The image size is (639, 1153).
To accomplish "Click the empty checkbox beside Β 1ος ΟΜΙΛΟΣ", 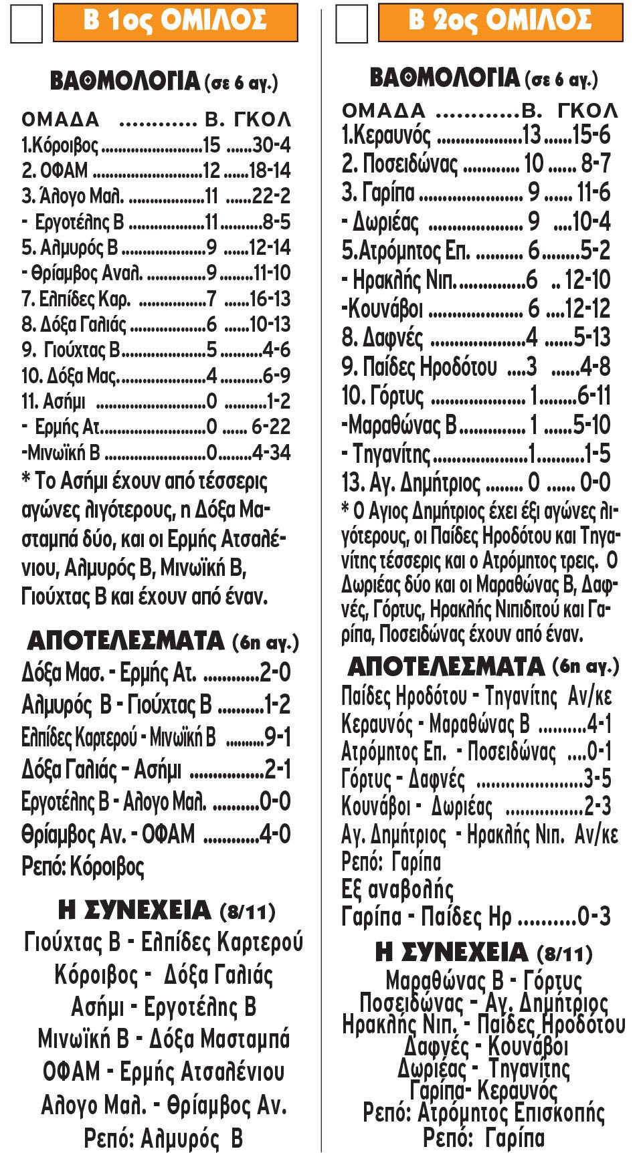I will [26, 24].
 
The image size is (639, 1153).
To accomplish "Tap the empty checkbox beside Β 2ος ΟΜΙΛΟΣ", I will [351, 24].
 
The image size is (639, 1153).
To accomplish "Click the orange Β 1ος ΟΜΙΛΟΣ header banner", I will [175, 21].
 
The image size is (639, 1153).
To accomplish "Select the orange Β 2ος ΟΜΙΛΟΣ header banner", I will [500, 21].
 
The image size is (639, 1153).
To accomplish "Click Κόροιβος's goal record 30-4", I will [270, 145].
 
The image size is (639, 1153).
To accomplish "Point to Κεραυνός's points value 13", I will [531, 135].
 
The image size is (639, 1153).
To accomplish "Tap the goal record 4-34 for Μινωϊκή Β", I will [271, 453].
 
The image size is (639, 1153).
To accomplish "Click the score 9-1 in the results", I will [278, 737].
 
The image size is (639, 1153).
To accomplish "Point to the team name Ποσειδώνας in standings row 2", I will [409, 164].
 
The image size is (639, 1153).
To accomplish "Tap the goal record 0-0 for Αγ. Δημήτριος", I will [594, 482].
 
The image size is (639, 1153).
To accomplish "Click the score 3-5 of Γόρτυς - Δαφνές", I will [597, 779].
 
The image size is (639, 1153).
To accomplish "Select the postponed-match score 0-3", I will [594, 916].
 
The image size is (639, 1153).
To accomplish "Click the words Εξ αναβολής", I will [397, 889].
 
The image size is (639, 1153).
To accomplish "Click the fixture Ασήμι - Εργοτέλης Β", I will [164, 1007].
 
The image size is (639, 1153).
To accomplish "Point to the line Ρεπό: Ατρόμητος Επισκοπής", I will [483, 1113].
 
